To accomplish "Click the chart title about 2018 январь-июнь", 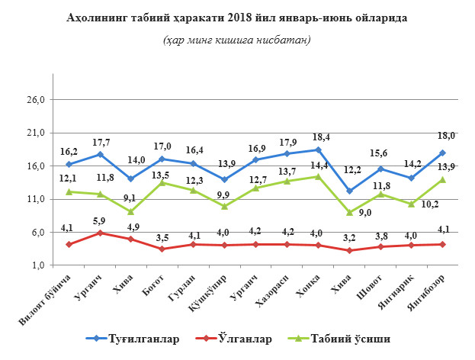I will coord(237,17).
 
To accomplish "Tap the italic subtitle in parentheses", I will coord(237,40).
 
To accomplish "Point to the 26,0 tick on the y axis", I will coord(37,100).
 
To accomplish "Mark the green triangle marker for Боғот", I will coord(162,182).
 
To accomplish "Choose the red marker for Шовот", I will coord(380,246).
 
